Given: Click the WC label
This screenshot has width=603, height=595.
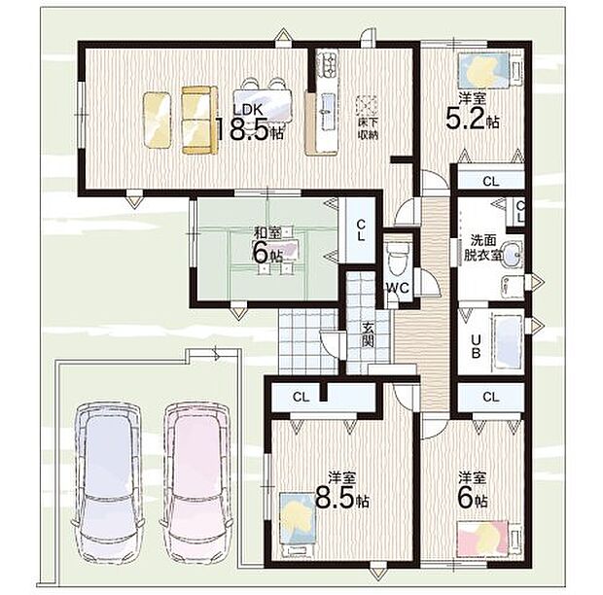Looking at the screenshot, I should pos(397,288).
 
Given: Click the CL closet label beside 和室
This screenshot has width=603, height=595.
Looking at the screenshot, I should pos(359,229).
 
